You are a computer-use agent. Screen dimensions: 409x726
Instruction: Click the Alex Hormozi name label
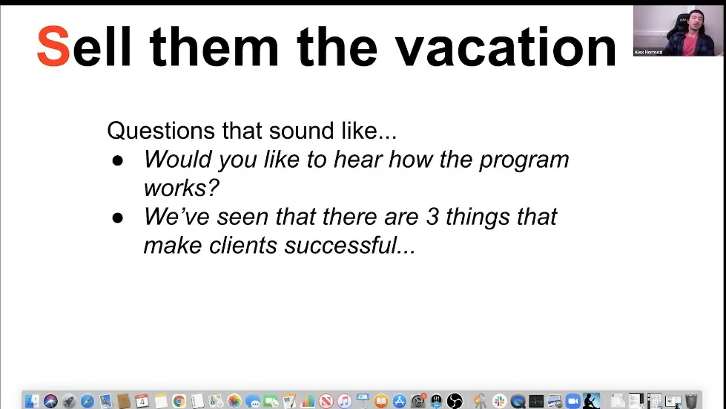click(648, 52)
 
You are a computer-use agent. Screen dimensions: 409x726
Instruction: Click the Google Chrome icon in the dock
click(179, 401)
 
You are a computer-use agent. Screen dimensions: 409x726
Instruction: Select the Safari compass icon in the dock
click(88, 401)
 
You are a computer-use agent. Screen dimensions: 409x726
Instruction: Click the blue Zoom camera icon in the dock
click(572, 401)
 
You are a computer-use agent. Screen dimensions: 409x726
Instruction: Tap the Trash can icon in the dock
click(691, 401)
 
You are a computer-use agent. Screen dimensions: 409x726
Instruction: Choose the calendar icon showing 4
click(142, 401)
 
